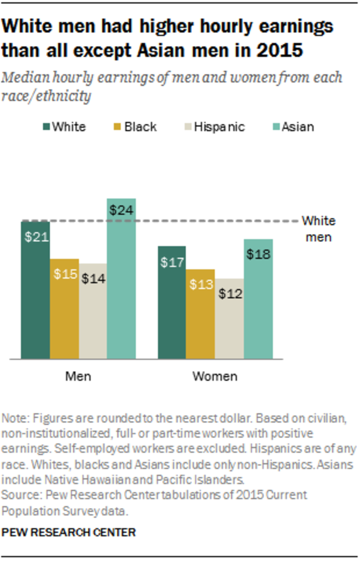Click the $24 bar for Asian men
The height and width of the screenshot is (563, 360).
click(121, 279)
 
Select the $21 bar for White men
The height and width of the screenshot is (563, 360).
click(36, 290)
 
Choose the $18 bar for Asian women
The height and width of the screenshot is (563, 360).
click(258, 299)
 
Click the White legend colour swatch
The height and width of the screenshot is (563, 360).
click(45, 127)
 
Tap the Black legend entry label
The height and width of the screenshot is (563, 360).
click(140, 127)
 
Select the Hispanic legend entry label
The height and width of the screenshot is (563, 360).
click(219, 127)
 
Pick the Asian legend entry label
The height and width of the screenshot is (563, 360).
click(297, 127)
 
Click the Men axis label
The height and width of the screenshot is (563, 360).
click(78, 376)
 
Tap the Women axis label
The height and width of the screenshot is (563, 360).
click(215, 376)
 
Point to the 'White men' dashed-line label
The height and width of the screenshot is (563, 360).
click(318, 228)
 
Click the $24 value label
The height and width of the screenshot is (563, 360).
click(121, 210)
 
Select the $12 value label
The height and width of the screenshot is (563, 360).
click(230, 294)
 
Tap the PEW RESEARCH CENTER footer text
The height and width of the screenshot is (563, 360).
click(69, 532)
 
